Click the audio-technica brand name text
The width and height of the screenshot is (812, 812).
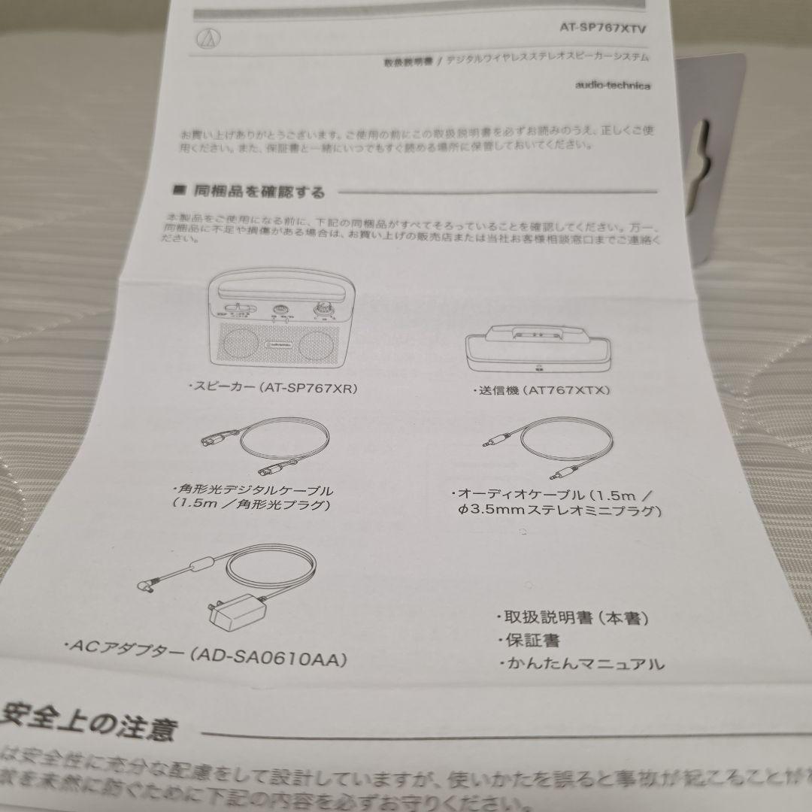pyautogui.click(x=613, y=85)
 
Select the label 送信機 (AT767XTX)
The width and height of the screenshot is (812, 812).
pyautogui.click(x=541, y=390)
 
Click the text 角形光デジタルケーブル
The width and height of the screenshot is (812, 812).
pyautogui.click(x=253, y=489)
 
